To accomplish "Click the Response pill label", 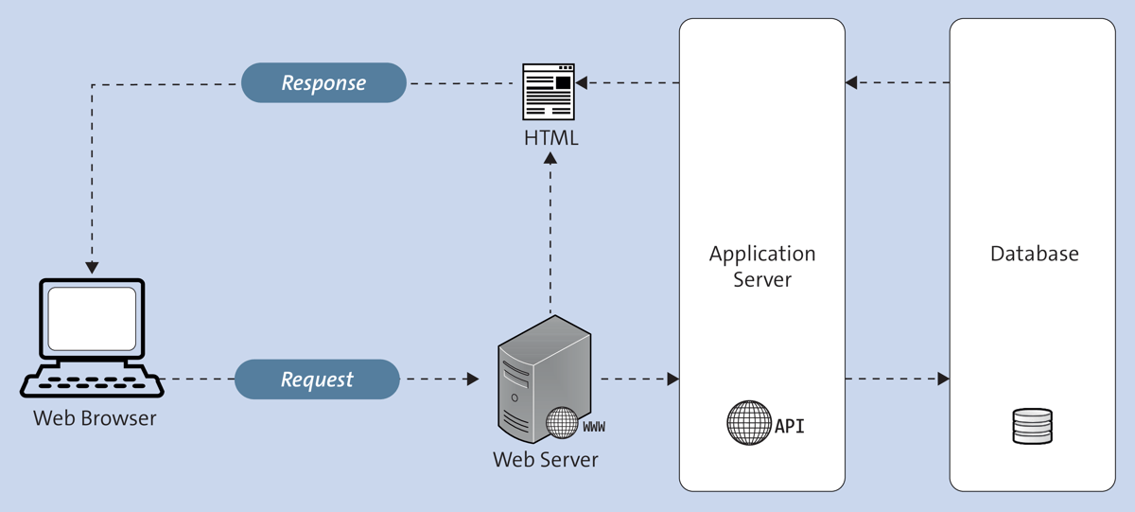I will [x=323, y=83].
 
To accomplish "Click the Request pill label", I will [x=317, y=380].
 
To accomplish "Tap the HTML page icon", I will [x=550, y=91].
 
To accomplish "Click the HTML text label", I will [x=550, y=138].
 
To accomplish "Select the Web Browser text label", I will [x=95, y=417].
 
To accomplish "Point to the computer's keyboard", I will [x=92, y=382].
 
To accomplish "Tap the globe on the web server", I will [x=562, y=423].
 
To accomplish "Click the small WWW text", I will [x=594, y=428].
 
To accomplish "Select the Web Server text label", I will [x=545, y=460].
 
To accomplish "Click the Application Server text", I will [x=762, y=267].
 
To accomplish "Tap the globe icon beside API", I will [x=749, y=423].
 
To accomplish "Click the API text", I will [x=790, y=426].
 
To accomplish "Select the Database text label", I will [x=1034, y=254].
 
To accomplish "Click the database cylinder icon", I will [x=1032, y=426].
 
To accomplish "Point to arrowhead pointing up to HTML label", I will [x=550, y=158].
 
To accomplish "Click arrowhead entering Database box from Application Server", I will [x=943, y=380].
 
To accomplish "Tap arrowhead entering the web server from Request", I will [x=473, y=380].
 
